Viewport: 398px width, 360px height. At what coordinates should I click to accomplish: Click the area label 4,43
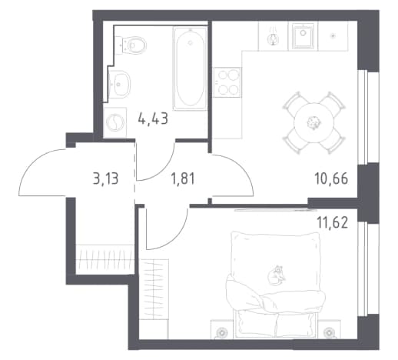(153, 118)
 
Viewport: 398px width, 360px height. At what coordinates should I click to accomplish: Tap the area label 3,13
(106, 178)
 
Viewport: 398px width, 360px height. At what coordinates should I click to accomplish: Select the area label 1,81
(183, 178)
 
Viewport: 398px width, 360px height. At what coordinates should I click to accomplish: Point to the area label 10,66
(331, 178)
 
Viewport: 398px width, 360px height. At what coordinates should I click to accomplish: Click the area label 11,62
(333, 222)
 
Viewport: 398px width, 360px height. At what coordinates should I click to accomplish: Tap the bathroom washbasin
(119, 83)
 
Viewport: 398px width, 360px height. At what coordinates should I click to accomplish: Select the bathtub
(190, 68)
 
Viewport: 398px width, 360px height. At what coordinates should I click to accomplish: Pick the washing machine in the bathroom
(115, 122)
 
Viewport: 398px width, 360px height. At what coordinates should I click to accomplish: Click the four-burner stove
(227, 82)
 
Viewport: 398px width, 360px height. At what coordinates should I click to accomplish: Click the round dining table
(313, 122)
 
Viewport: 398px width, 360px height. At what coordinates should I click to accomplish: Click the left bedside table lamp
(221, 332)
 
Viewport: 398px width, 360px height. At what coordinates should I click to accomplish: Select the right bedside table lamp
(329, 332)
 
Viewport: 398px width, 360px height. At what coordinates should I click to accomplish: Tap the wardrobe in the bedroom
(154, 299)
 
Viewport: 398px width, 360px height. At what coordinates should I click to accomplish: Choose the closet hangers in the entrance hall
(105, 259)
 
